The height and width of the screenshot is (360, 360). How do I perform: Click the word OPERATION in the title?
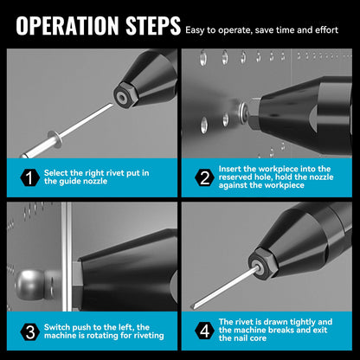pos(67,25)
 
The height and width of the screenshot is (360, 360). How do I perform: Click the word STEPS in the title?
pos(153,25)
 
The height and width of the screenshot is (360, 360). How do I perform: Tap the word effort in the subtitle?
pos(326,30)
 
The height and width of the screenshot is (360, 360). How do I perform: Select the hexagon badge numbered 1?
pos(30,177)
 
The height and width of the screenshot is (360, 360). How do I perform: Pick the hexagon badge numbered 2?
pos(204,177)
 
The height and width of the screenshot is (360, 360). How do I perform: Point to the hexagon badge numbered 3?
pos(30,331)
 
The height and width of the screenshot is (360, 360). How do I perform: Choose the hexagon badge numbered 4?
pos(204,331)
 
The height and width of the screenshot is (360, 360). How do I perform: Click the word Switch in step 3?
pos(57,327)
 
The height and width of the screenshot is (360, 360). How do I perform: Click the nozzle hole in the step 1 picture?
pos(122,98)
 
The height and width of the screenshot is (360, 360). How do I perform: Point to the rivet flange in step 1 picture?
pos(55,139)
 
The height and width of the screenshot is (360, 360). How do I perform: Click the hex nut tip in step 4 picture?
pos(262,263)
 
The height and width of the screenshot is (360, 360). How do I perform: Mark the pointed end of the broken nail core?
pos(191,307)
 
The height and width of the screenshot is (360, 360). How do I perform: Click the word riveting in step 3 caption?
pos(148,336)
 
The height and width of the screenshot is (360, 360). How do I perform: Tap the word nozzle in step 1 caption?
pos(95,181)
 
